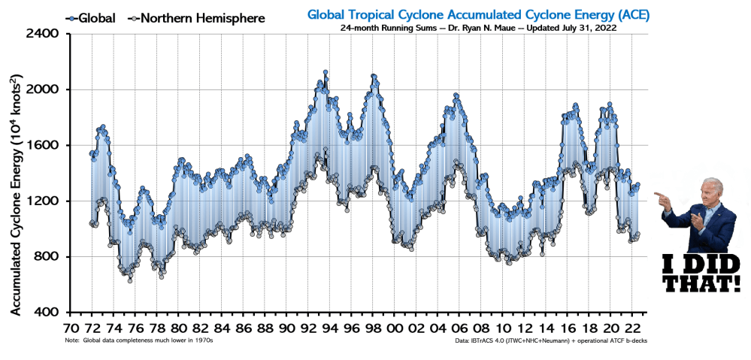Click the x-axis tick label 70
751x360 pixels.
(71, 328)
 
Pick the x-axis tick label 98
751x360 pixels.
(374, 328)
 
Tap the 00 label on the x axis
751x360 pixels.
(395, 328)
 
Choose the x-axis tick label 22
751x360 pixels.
(633, 328)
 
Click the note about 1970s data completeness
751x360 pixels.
(139, 340)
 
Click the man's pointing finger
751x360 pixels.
(657, 195)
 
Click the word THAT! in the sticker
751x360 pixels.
(704, 284)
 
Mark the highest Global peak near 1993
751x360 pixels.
(326, 72)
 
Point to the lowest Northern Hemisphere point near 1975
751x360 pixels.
(130, 280)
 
